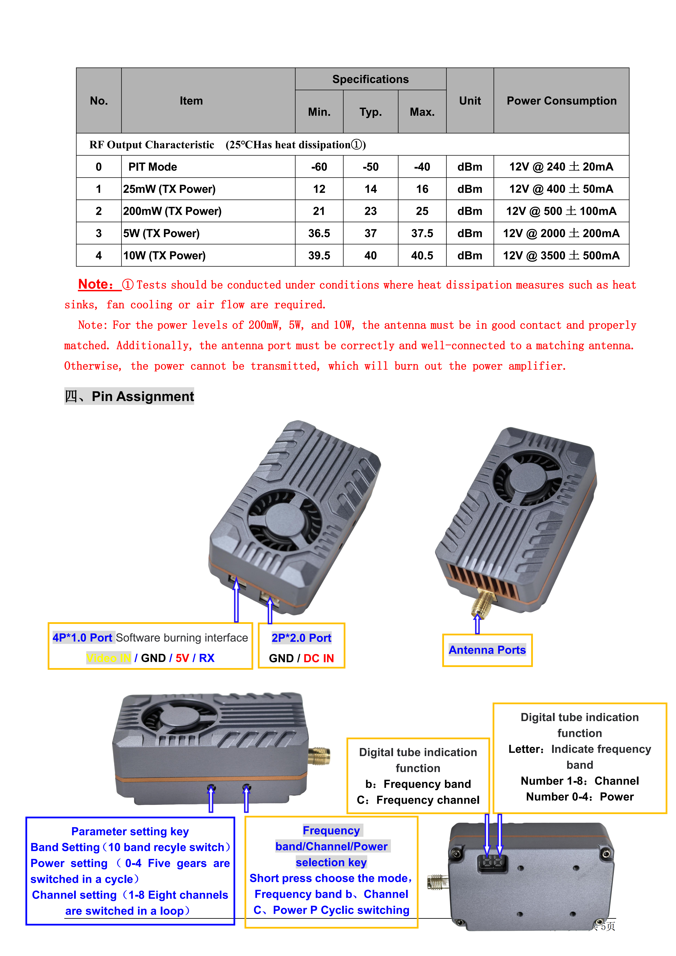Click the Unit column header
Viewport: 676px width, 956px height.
[x=470, y=101]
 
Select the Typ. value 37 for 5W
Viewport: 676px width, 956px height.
[x=370, y=233]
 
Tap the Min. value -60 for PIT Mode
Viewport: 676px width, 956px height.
[x=319, y=167]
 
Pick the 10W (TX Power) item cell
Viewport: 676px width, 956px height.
[x=165, y=255]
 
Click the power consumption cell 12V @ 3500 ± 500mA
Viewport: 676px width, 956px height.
[x=561, y=255]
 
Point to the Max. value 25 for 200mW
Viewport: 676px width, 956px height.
[x=422, y=211]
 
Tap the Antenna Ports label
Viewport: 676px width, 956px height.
[x=487, y=650]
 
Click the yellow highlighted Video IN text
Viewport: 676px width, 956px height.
[x=108, y=658]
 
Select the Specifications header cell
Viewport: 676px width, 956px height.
[x=370, y=79]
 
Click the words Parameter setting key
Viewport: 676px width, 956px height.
[x=130, y=831]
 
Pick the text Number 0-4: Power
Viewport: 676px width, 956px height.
[x=579, y=797]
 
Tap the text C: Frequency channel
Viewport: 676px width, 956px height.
[x=418, y=800]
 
